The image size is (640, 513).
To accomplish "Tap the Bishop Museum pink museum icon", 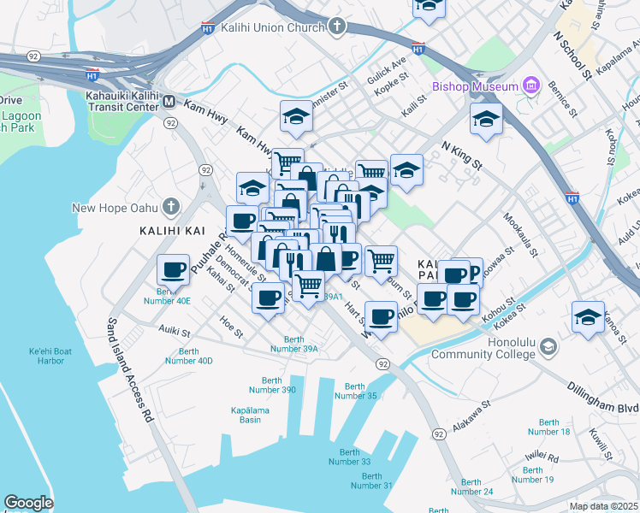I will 531,85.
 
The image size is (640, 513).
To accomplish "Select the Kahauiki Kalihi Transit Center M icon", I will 169,102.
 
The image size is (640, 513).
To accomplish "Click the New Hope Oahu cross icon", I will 171,207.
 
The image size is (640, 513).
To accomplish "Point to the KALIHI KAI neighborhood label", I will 169,231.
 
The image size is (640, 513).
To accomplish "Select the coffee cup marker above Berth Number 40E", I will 173,270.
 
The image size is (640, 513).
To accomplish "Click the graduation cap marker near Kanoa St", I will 588,315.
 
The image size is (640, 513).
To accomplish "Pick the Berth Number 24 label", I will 472,486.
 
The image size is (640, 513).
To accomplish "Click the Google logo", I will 28,502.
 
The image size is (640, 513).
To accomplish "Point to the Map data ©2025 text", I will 602,506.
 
